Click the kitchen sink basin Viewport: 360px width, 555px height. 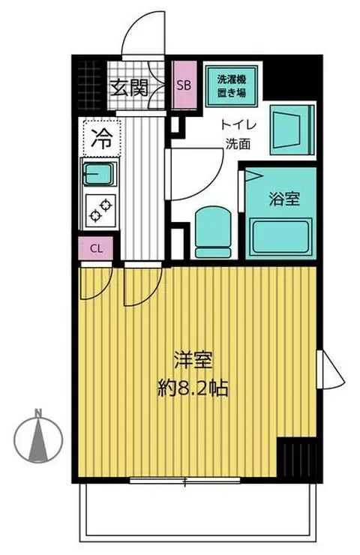tap(97, 175)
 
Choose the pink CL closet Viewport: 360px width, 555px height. tap(97, 248)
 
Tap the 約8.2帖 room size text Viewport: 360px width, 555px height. tap(193, 389)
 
